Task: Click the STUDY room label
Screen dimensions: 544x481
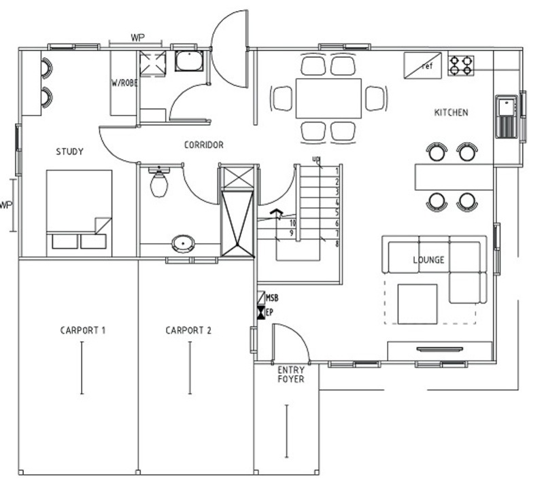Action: point(70,152)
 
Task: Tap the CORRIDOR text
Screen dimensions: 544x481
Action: point(203,145)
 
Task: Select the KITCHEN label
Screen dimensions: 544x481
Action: point(451,112)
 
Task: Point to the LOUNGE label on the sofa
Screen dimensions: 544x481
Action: point(428,260)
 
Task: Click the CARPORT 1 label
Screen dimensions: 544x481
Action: point(82,330)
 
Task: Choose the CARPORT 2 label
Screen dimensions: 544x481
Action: point(188,330)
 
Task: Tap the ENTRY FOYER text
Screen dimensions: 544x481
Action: point(291,374)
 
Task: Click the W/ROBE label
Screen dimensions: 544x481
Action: point(124,83)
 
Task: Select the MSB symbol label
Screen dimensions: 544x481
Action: point(272,298)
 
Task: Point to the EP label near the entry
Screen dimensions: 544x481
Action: point(269,313)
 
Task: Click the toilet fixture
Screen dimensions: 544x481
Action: point(159,182)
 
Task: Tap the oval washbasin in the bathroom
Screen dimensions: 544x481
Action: point(183,244)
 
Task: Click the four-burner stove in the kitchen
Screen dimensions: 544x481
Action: point(461,66)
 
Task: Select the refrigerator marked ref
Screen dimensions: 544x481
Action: point(422,65)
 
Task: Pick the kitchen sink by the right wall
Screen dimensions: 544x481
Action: point(506,116)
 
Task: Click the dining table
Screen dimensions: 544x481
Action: point(328,99)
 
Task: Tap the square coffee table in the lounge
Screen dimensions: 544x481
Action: point(418,304)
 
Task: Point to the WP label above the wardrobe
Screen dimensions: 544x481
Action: point(138,37)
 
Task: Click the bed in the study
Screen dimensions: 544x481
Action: point(79,213)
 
